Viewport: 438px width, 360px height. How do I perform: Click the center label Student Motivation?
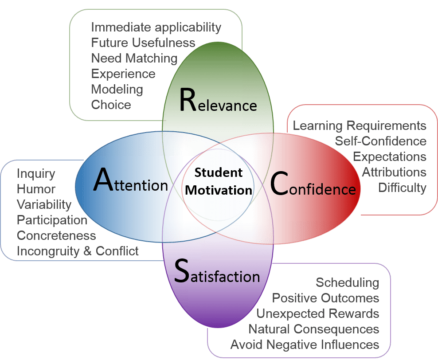219,181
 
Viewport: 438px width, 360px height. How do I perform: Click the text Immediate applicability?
156,27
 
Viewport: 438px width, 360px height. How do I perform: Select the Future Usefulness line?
143,43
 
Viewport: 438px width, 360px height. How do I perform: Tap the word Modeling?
117,90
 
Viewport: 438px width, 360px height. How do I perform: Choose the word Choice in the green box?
111,105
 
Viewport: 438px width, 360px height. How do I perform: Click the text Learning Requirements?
360,126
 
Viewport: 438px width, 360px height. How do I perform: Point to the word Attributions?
394,172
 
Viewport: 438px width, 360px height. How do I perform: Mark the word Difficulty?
402,188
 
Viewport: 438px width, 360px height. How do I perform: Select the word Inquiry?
36,174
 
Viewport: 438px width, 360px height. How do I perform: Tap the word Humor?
36,189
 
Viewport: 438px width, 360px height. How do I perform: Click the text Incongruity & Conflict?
78,251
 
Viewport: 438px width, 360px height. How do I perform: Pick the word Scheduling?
347,283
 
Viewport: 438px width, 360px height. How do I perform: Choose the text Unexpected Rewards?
317,314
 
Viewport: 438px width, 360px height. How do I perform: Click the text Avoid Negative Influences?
305,344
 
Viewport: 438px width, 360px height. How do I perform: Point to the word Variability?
44,205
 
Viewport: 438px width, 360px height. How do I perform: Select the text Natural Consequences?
313,329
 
